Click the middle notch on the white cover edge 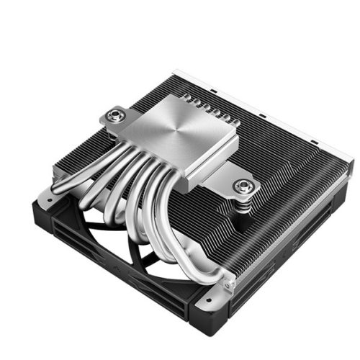pos(266,115)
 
